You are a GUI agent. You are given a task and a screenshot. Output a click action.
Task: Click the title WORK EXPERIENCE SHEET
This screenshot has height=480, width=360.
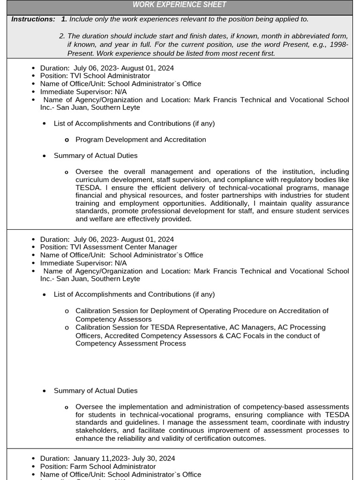[x=180, y=5]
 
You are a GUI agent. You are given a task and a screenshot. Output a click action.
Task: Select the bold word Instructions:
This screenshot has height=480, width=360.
[x=33, y=19]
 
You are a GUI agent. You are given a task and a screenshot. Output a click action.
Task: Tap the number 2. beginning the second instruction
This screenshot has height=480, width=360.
[x=62, y=36]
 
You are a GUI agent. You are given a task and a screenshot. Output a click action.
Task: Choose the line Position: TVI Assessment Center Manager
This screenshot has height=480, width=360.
[x=109, y=247]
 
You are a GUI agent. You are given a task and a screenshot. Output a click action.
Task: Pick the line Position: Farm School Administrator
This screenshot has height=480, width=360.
[x=98, y=466]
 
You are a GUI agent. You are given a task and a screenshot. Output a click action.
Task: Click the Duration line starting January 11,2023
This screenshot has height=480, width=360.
[x=108, y=458]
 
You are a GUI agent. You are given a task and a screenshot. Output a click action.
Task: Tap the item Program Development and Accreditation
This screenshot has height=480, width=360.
[x=141, y=140]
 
